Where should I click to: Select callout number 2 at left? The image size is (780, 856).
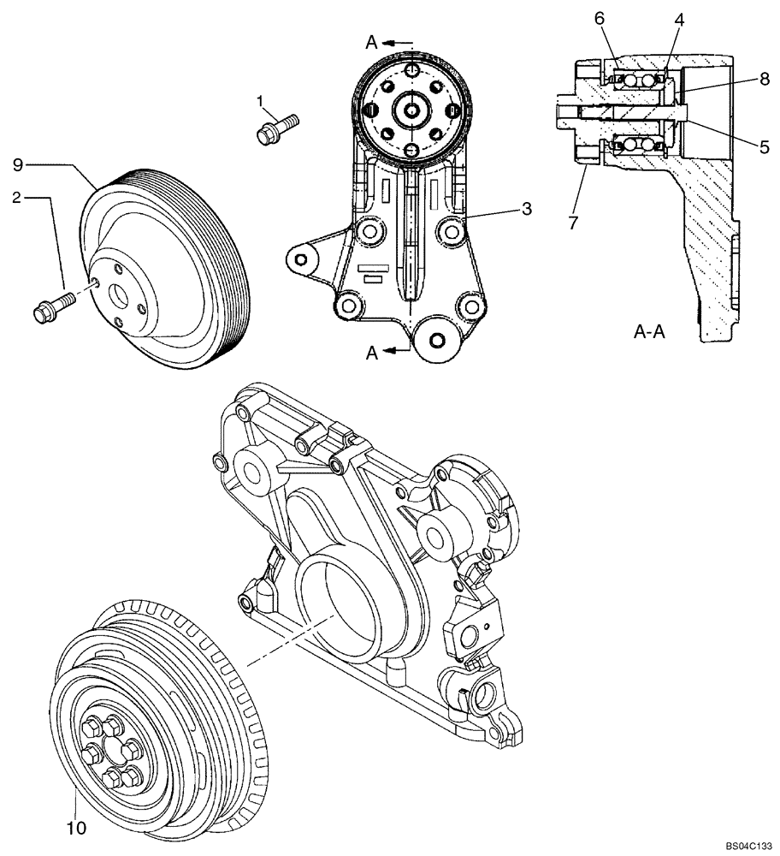coord(16,198)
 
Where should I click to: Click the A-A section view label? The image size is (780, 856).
coord(650,331)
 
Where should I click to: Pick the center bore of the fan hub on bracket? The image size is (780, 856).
coord(413,110)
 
